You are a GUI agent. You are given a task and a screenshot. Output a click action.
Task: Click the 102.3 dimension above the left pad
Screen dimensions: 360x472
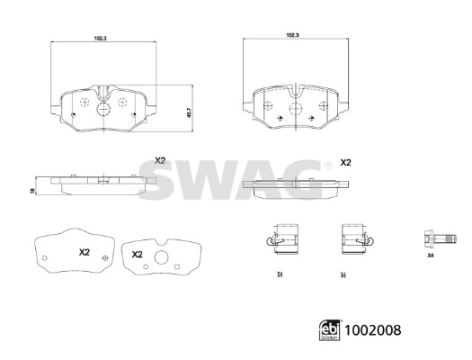click(101, 38)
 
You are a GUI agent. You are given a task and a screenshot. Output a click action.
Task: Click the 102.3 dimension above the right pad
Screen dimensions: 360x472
click(291, 34)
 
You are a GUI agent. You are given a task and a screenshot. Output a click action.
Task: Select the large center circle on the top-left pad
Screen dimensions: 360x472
click(102, 110)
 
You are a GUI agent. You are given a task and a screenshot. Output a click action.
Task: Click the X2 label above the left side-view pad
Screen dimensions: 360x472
click(160, 159)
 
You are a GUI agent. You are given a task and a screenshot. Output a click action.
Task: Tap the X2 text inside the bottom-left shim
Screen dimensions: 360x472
click(85, 251)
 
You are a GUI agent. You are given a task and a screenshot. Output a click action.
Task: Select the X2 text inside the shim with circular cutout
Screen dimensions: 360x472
click(138, 255)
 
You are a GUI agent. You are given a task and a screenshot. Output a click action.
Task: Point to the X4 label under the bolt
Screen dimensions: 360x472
click(430, 257)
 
